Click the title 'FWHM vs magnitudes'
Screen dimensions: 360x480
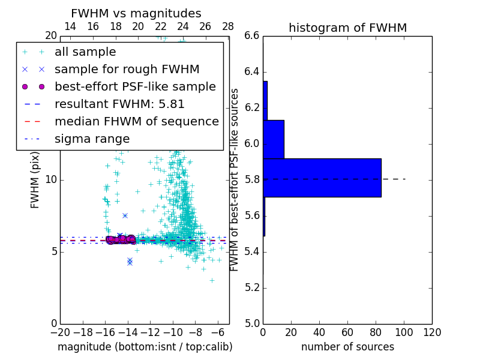[x=136, y=14]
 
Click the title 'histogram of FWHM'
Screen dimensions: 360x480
[x=347, y=28]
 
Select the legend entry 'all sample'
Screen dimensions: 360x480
[x=85, y=52]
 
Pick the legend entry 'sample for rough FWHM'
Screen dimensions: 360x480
[x=127, y=70]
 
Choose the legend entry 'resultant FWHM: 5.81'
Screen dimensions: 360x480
[x=119, y=104]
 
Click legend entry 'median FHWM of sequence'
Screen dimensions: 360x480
[x=136, y=122]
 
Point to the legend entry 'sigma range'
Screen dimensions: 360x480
[x=92, y=139]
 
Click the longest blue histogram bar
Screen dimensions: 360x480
[x=322, y=178]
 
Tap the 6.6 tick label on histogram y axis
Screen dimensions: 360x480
[x=252, y=36]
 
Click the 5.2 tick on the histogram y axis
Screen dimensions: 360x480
[x=252, y=287]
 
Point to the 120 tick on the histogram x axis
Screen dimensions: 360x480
[x=432, y=332]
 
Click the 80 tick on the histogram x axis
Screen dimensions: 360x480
[x=376, y=332]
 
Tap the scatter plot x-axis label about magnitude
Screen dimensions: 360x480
[x=145, y=347]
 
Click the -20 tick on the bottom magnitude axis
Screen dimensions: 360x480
[x=60, y=332]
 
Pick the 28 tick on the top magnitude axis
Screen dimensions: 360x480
[x=228, y=26]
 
